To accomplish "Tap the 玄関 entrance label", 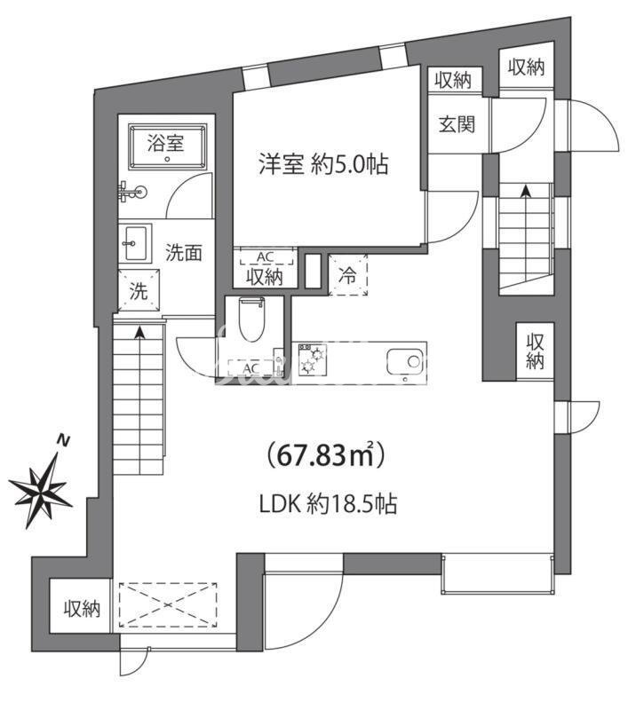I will pyautogui.click(x=455, y=123).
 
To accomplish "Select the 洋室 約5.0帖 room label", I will pyautogui.click(x=323, y=164).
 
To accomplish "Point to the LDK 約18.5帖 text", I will pyautogui.click(x=328, y=504).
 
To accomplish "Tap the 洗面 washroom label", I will pyautogui.click(x=184, y=252).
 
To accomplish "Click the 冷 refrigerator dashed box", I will pyautogui.click(x=348, y=275).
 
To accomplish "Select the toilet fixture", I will pyautogui.click(x=252, y=321).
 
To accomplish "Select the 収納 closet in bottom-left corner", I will pyautogui.click(x=81, y=609).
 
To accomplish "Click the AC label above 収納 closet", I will pyautogui.click(x=264, y=257).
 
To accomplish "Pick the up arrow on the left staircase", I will pyautogui.click(x=140, y=334).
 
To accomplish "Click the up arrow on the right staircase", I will pyautogui.click(x=524, y=190).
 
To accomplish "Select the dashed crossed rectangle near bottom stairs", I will pyautogui.click(x=168, y=606).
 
